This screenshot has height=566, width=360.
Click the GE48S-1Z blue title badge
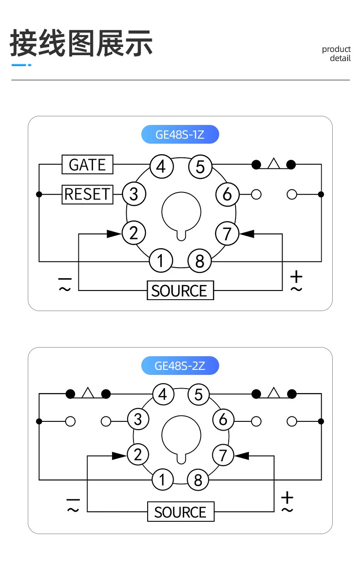click(180, 135)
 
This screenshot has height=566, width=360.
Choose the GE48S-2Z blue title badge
click(180, 365)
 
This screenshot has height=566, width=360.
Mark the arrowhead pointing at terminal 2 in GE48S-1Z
click(114, 234)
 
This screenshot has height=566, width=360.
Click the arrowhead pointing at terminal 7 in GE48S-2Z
click(242, 456)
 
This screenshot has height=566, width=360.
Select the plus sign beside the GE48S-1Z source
click(296, 276)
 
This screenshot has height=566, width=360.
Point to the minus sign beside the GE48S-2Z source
click(73, 499)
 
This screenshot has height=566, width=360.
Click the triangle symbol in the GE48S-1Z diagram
click(274, 163)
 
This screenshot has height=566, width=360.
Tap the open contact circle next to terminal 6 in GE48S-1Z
click(256, 195)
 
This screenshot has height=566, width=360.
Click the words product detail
click(336, 53)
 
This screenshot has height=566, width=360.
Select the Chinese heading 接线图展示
click(81, 43)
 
